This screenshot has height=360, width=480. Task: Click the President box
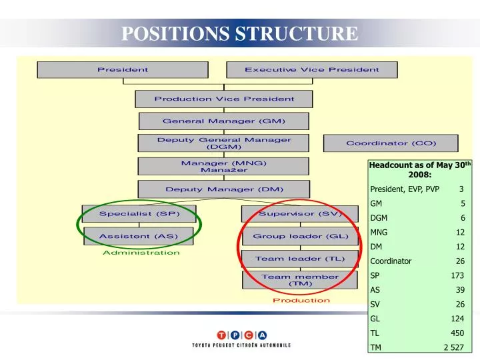point(123,69)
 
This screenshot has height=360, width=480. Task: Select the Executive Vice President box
point(311,69)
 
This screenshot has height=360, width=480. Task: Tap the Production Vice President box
point(224,99)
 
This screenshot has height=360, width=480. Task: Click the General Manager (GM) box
point(224,121)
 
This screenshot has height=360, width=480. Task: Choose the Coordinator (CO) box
point(391,143)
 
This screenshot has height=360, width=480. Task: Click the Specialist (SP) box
point(139,214)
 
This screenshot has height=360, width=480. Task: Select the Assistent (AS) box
point(138,236)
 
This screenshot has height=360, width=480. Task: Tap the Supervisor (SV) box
point(300,214)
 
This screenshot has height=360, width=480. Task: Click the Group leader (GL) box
point(300,236)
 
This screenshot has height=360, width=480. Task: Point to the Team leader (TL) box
point(300,259)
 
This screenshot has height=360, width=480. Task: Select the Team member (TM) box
point(300,280)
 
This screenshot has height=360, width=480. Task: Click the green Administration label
point(141,253)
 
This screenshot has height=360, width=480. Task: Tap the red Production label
point(301,300)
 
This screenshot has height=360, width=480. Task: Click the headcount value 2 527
point(453,348)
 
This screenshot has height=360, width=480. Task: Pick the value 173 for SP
point(457,275)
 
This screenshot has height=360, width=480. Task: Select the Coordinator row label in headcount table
point(391,261)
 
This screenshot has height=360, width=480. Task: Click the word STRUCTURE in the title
point(297,33)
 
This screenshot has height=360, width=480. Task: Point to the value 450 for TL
point(457,333)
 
